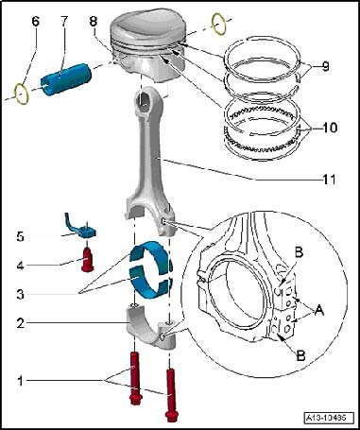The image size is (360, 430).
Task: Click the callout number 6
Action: click(35, 22)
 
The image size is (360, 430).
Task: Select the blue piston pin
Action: click(66, 79)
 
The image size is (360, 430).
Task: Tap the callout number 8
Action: click(94, 22)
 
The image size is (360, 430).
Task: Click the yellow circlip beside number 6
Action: click(23, 94)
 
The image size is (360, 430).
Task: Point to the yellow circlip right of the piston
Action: click(219, 24)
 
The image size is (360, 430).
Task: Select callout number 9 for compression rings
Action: click(325, 66)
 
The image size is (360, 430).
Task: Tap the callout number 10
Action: click(329, 128)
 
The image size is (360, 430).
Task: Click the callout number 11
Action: click(329, 180)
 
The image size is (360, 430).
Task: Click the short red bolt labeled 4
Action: click(87, 260)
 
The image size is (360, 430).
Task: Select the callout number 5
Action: click(21, 237)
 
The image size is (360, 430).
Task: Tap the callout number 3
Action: click(21, 295)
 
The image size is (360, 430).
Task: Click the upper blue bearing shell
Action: click(152, 255)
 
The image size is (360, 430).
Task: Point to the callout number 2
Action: click(21, 323)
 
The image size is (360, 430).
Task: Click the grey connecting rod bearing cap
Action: click(151, 328)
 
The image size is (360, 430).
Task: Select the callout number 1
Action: click(20, 381)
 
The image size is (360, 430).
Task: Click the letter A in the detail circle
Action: click(319, 311)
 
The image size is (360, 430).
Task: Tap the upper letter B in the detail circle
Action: click(299, 252)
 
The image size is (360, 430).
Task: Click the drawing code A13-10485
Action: click(325, 418)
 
